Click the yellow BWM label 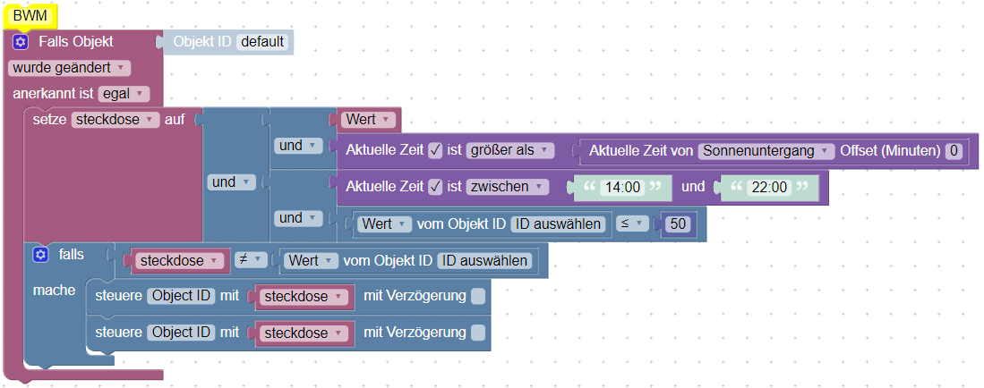[30, 15]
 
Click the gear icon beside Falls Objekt [21, 42]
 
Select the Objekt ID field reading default [264, 42]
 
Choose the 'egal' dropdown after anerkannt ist [124, 93]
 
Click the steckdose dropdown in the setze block [115, 119]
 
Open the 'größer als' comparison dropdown [509, 150]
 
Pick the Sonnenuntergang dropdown [766, 151]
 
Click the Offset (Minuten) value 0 [954, 151]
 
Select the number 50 [678, 224]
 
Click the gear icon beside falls [40, 255]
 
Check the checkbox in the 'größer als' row [435, 150]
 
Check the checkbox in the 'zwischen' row [435, 187]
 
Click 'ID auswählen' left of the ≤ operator [558, 224]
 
